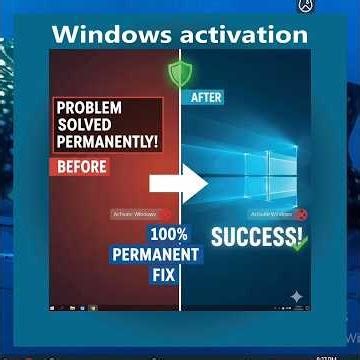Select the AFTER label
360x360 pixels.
204,98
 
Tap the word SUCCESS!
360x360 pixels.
256,238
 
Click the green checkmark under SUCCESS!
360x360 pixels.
296,244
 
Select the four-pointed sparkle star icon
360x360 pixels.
294,297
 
